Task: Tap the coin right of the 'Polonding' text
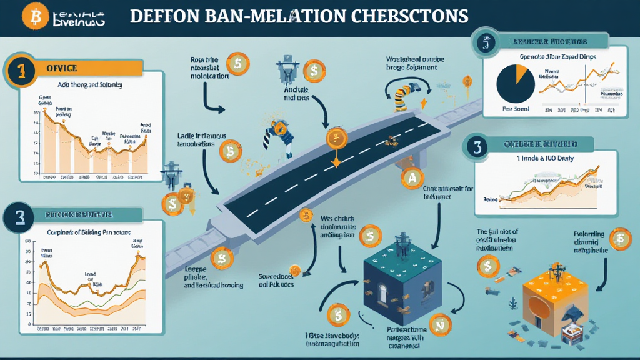[x=621, y=239]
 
